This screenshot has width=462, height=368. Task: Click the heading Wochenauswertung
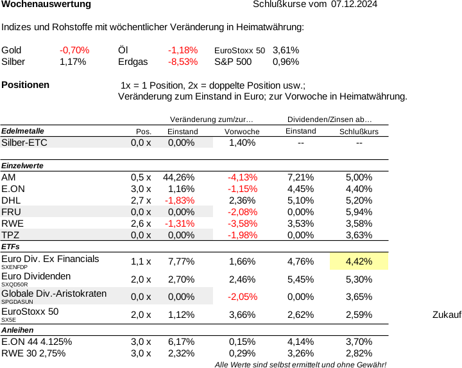click(x=46, y=4)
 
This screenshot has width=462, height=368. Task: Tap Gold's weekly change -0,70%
click(x=74, y=50)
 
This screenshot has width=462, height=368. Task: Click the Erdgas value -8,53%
click(x=183, y=62)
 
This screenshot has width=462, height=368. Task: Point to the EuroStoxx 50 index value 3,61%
click(x=286, y=50)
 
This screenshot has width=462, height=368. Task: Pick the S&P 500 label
click(x=233, y=62)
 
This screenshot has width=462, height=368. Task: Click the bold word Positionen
click(x=26, y=85)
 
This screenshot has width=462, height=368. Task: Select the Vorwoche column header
click(x=242, y=132)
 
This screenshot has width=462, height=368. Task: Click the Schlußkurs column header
click(x=359, y=132)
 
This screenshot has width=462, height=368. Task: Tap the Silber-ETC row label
click(x=24, y=143)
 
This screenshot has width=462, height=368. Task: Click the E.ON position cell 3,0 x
click(x=141, y=189)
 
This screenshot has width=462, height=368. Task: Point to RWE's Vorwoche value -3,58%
click(x=243, y=223)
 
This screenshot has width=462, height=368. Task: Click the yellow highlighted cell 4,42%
click(x=359, y=261)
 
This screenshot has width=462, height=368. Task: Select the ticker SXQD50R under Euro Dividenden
click(x=14, y=284)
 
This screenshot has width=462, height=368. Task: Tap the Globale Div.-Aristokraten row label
click(x=54, y=294)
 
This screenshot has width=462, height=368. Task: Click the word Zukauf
click(x=447, y=315)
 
